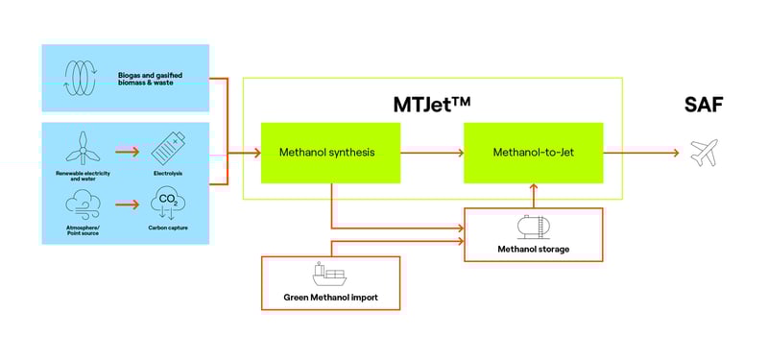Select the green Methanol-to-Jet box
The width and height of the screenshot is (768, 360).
tap(533, 153)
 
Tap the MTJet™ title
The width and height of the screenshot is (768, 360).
tap(432, 103)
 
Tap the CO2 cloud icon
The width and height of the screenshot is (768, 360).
tap(168, 204)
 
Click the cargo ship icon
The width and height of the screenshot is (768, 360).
tap(329, 276)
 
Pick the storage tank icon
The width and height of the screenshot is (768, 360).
tap(533, 227)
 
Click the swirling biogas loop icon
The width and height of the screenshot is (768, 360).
tap(80, 77)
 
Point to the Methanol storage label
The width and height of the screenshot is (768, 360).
tap(533, 249)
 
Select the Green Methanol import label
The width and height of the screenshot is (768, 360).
tap(330, 298)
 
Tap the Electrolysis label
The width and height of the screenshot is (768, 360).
tap(168, 173)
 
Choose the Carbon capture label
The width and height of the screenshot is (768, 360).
tap(168, 228)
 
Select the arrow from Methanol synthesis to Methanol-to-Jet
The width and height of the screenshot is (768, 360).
tap(431, 153)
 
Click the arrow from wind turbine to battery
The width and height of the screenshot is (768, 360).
tap(127, 150)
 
